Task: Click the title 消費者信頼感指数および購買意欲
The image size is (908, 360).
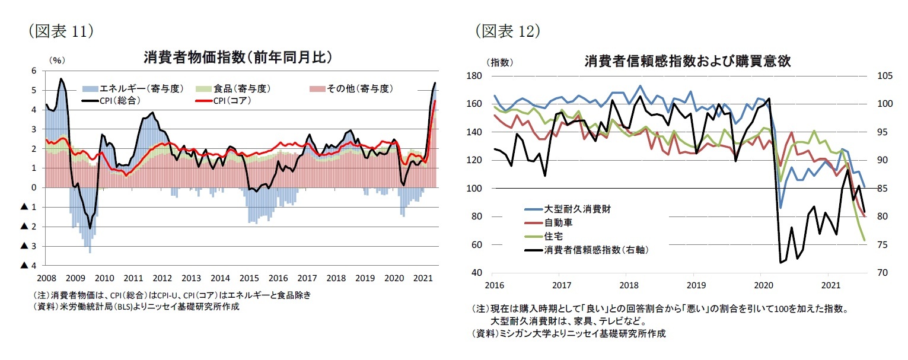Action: point(687,61)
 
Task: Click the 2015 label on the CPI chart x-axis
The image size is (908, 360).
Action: point(248,278)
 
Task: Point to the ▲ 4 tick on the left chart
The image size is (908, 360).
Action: point(29,265)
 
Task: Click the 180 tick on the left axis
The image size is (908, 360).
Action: point(474,76)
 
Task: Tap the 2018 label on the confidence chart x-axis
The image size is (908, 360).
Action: point(627,285)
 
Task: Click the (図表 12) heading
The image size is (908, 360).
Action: point(507,31)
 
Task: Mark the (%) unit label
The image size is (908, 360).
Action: point(56,59)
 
